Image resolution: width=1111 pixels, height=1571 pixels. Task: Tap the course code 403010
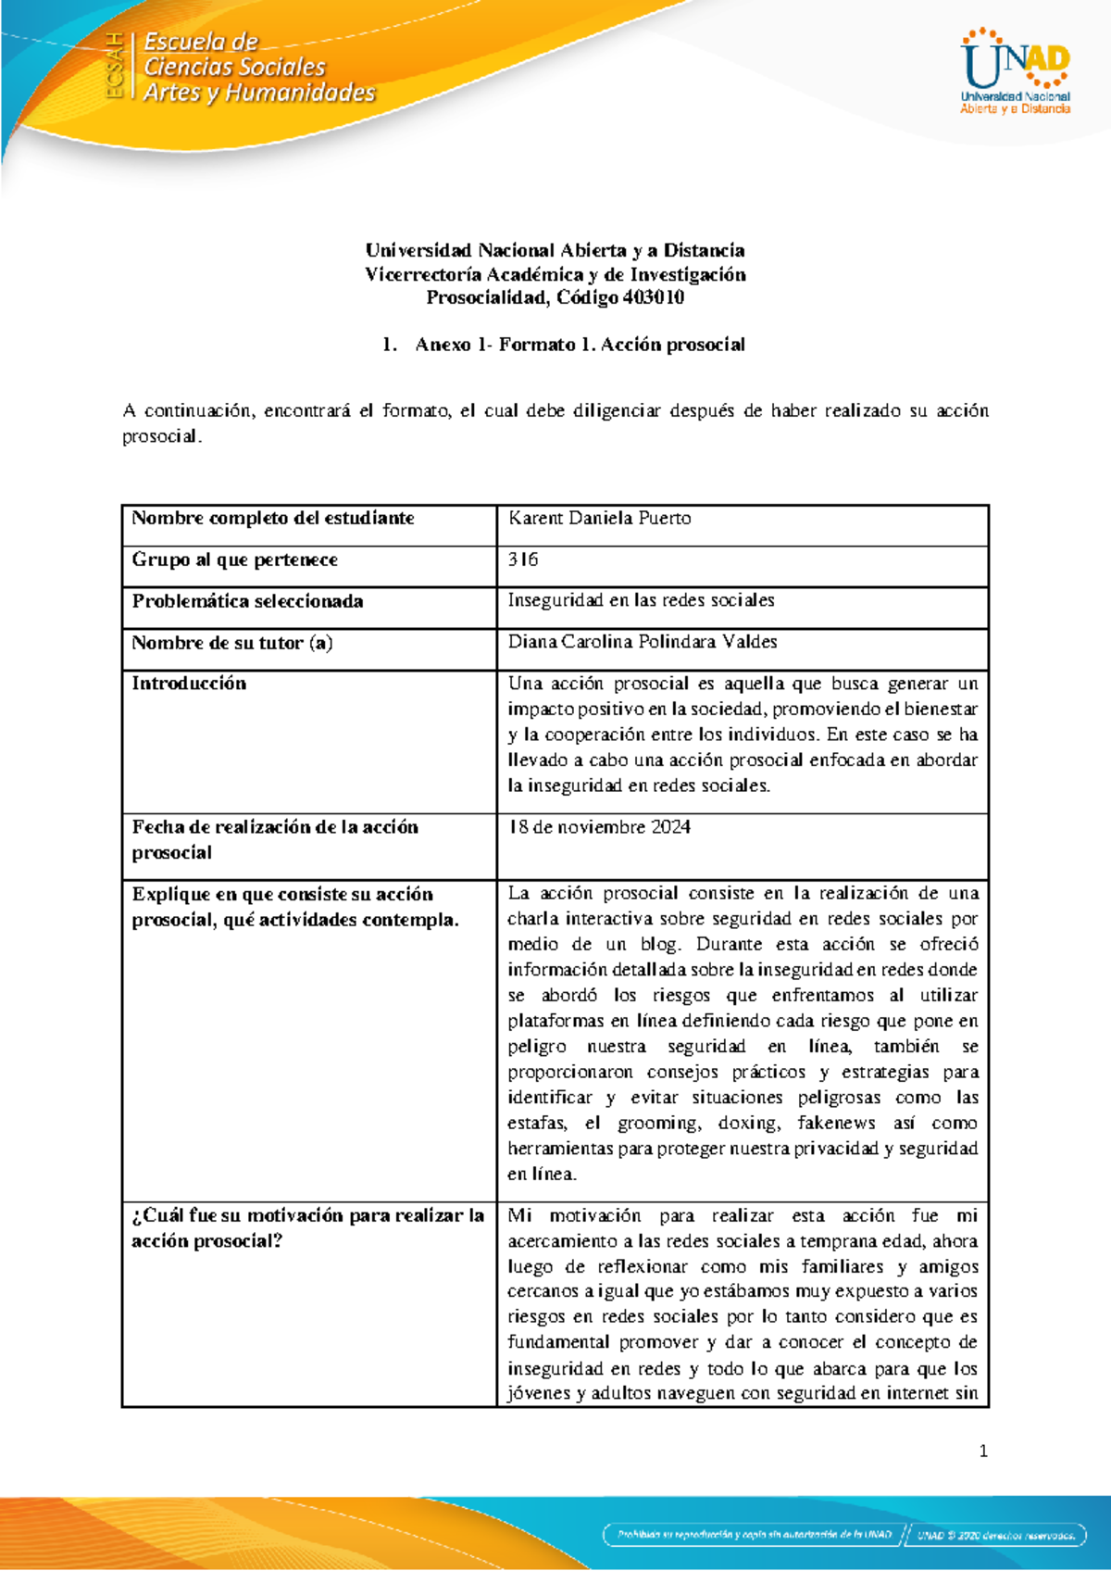click(x=654, y=297)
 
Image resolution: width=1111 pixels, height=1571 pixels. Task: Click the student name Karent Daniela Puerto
click(x=599, y=518)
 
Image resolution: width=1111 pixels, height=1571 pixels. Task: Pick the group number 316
click(x=523, y=559)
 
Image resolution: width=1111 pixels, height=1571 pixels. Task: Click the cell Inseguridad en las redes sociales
click(x=641, y=600)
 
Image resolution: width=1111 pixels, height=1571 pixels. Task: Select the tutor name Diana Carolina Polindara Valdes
click(x=642, y=642)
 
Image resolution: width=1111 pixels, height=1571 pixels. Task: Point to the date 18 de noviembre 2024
click(x=599, y=827)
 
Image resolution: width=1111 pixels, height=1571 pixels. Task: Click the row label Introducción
click(x=189, y=684)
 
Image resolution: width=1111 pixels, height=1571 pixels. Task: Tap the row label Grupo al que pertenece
click(x=234, y=559)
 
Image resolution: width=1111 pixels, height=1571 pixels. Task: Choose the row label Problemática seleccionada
click(x=247, y=601)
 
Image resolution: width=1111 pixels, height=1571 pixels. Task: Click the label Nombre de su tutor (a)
click(x=231, y=643)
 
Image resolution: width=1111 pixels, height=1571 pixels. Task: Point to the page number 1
click(x=983, y=1452)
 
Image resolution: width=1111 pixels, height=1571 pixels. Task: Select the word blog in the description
click(x=660, y=945)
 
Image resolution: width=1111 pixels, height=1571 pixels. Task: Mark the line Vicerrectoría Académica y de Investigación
click(x=555, y=274)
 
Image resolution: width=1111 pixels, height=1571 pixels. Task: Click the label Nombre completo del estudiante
click(x=272, y=518)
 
